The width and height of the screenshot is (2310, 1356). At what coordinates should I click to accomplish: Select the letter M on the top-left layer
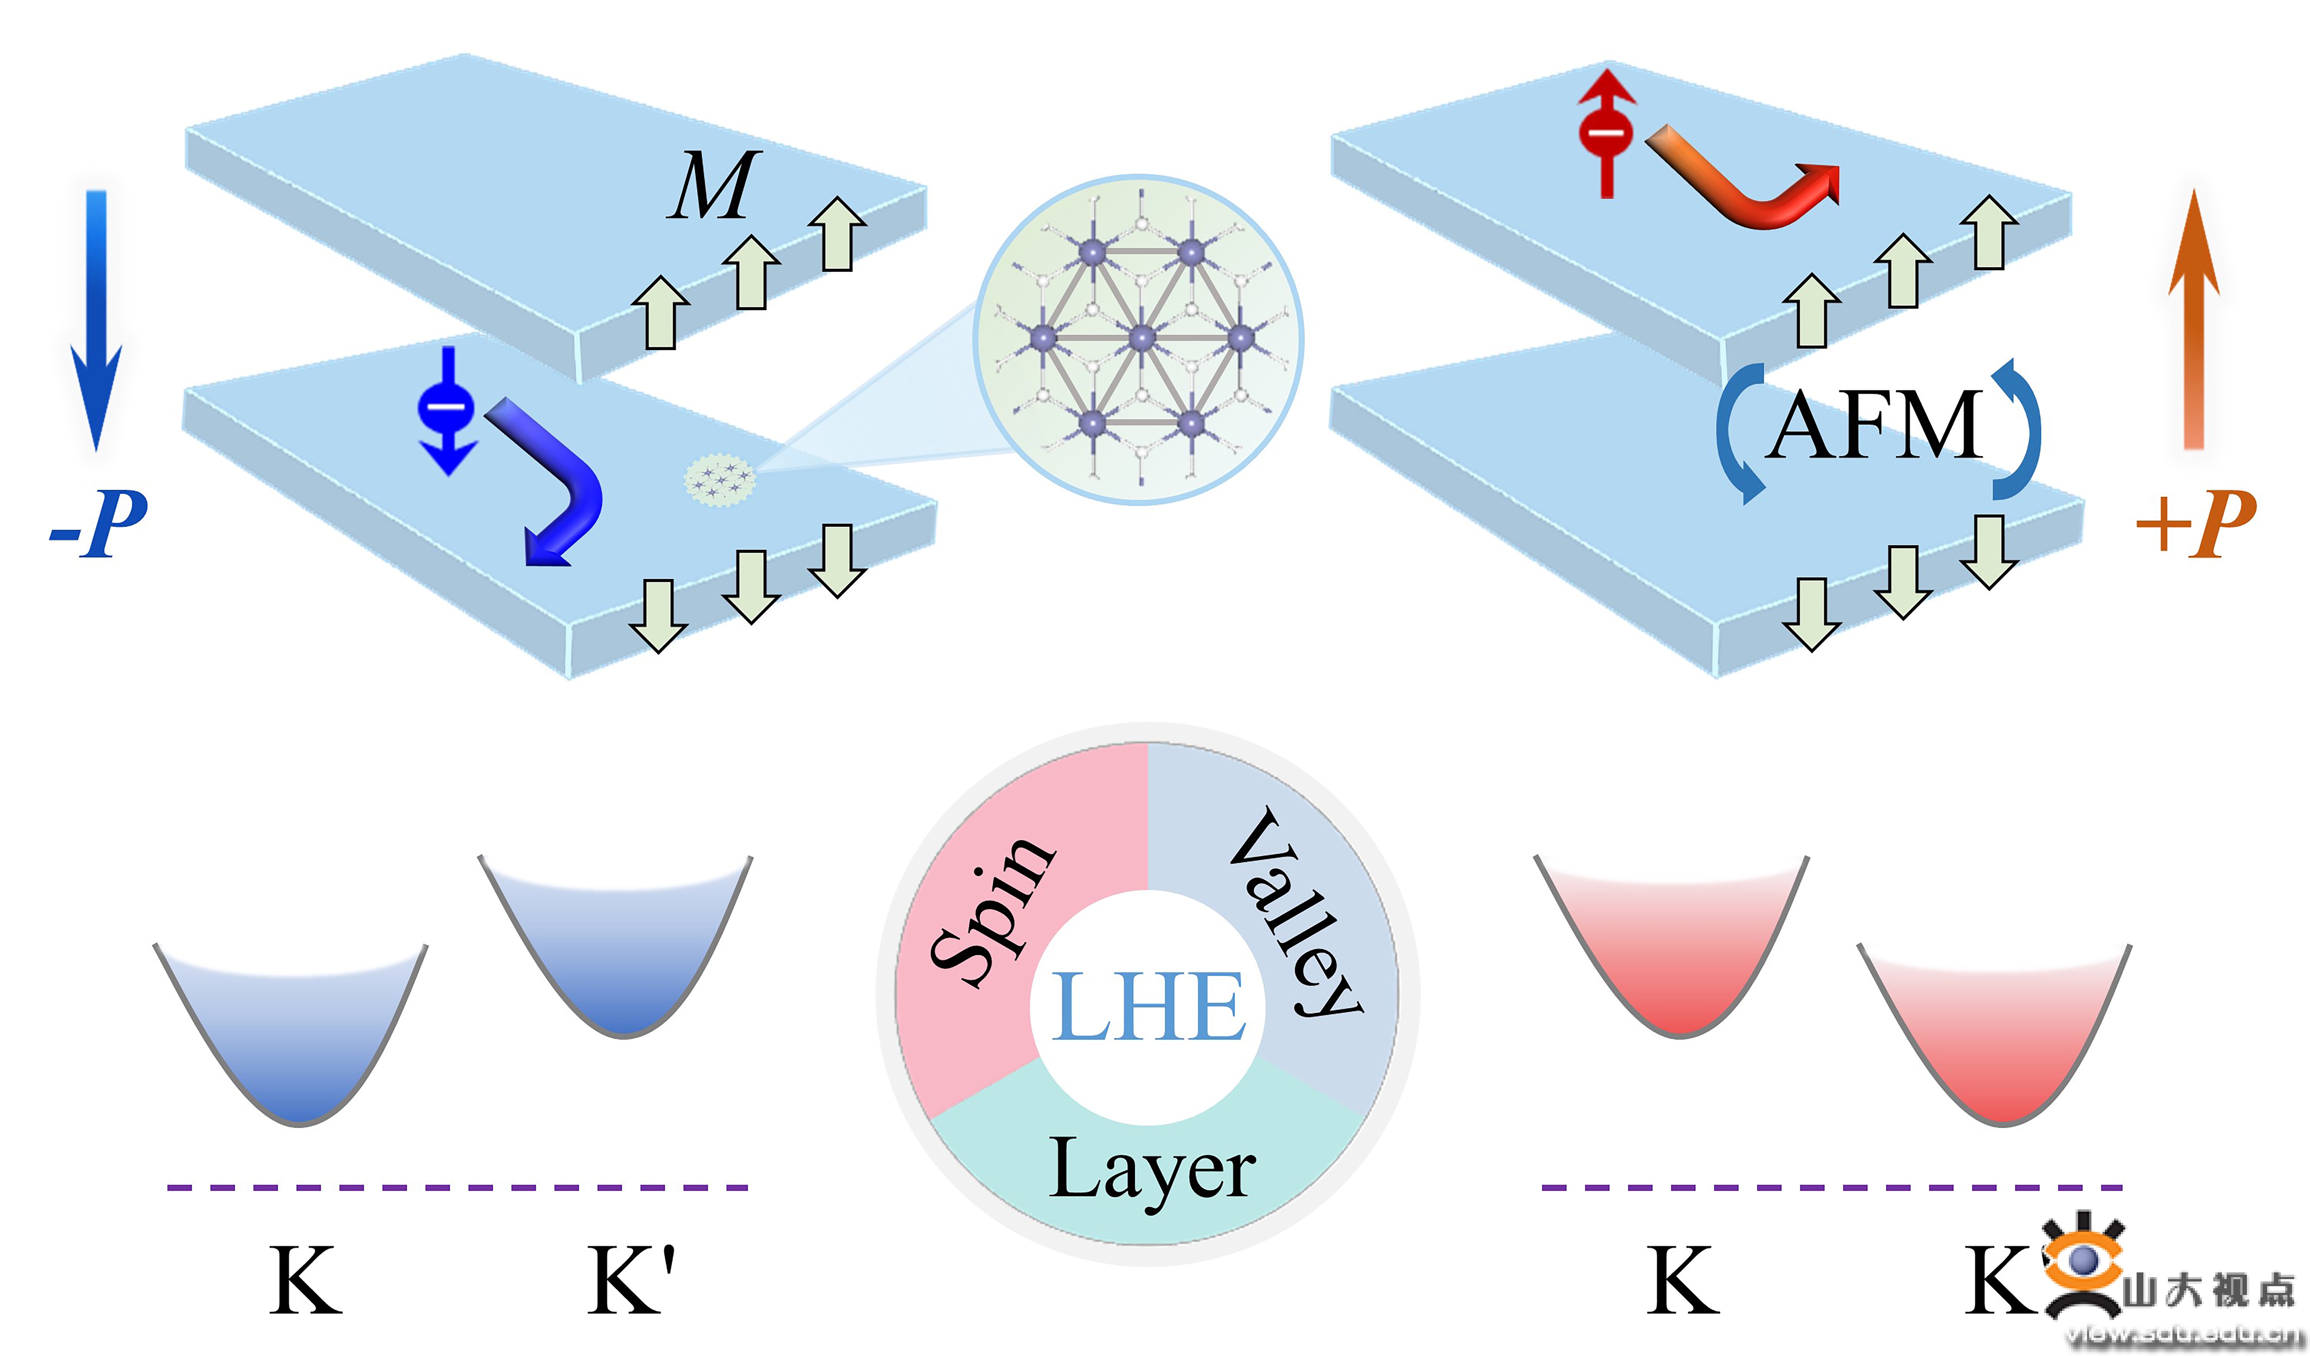tap(713, 186)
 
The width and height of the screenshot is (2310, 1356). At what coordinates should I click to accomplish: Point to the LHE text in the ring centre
tap(1148, 1007)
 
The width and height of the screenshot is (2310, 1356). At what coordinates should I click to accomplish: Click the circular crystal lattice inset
tap(1139, 339)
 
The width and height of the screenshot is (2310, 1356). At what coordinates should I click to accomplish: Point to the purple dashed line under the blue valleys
tap(458, 1187)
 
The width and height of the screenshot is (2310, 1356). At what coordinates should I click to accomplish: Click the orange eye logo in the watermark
tap(2083, 1261)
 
